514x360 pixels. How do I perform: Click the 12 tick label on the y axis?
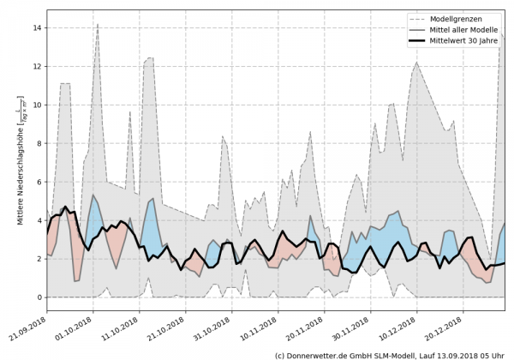37,66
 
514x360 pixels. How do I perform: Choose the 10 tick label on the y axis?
37,105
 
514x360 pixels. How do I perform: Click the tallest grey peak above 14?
98,25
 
